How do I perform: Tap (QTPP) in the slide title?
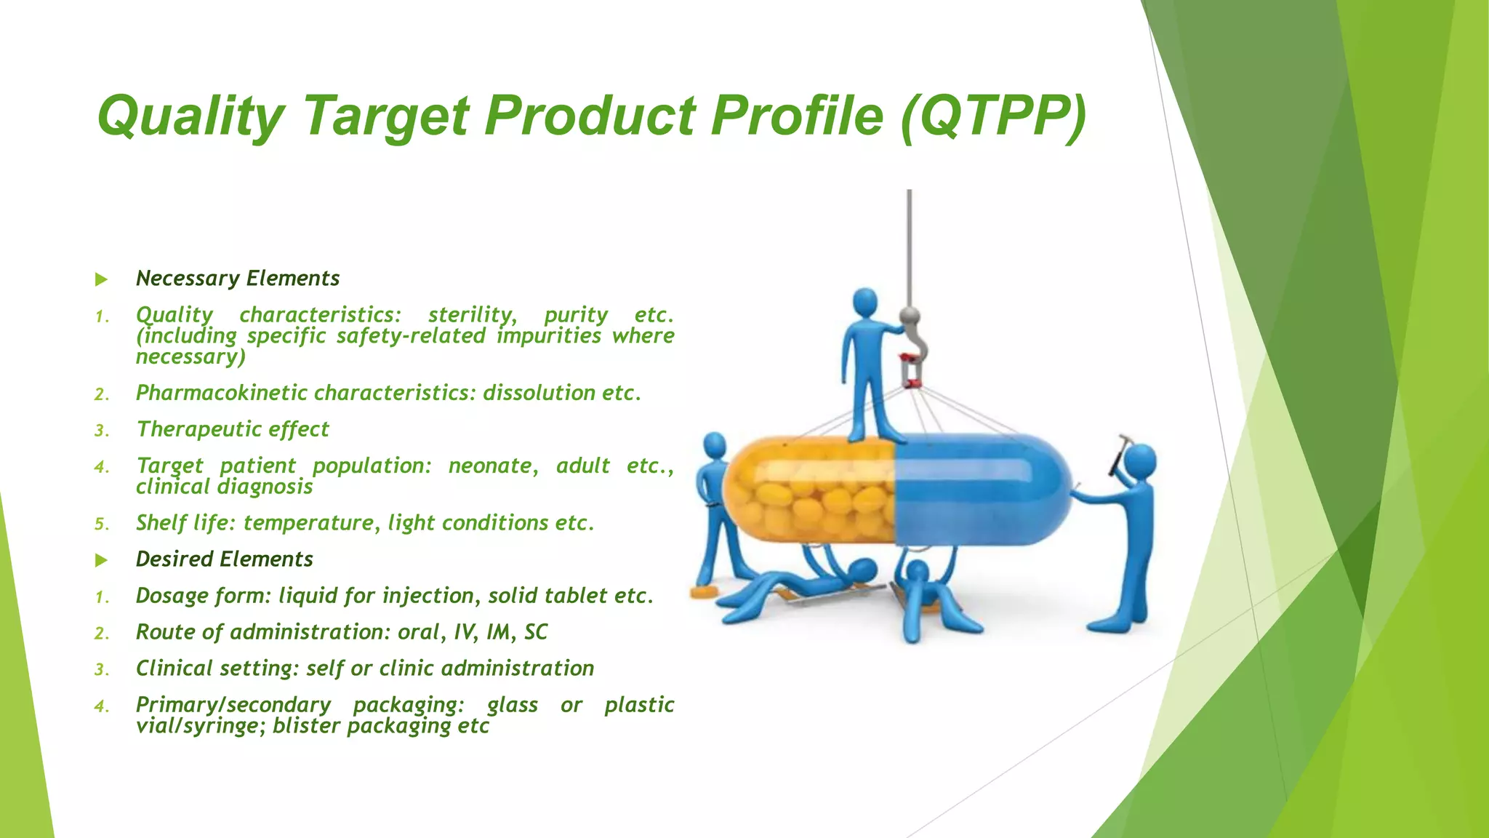click(x=993, y=116)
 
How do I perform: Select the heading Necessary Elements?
click(x=238, y=279)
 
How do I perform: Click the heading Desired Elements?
click(x=224, y=559)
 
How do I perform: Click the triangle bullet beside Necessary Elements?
click(x=101, y=279)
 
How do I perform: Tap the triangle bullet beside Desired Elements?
click(x=101, y=560)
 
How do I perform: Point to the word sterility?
click(x=472, y=315)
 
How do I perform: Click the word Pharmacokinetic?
click(x=222, y=393)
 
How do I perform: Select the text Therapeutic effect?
click(x=233, y=429)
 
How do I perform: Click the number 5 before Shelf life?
click(x=101, y=524)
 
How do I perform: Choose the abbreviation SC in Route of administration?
click(x=536, y=632)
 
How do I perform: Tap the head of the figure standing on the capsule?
click(x=864, y=301)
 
